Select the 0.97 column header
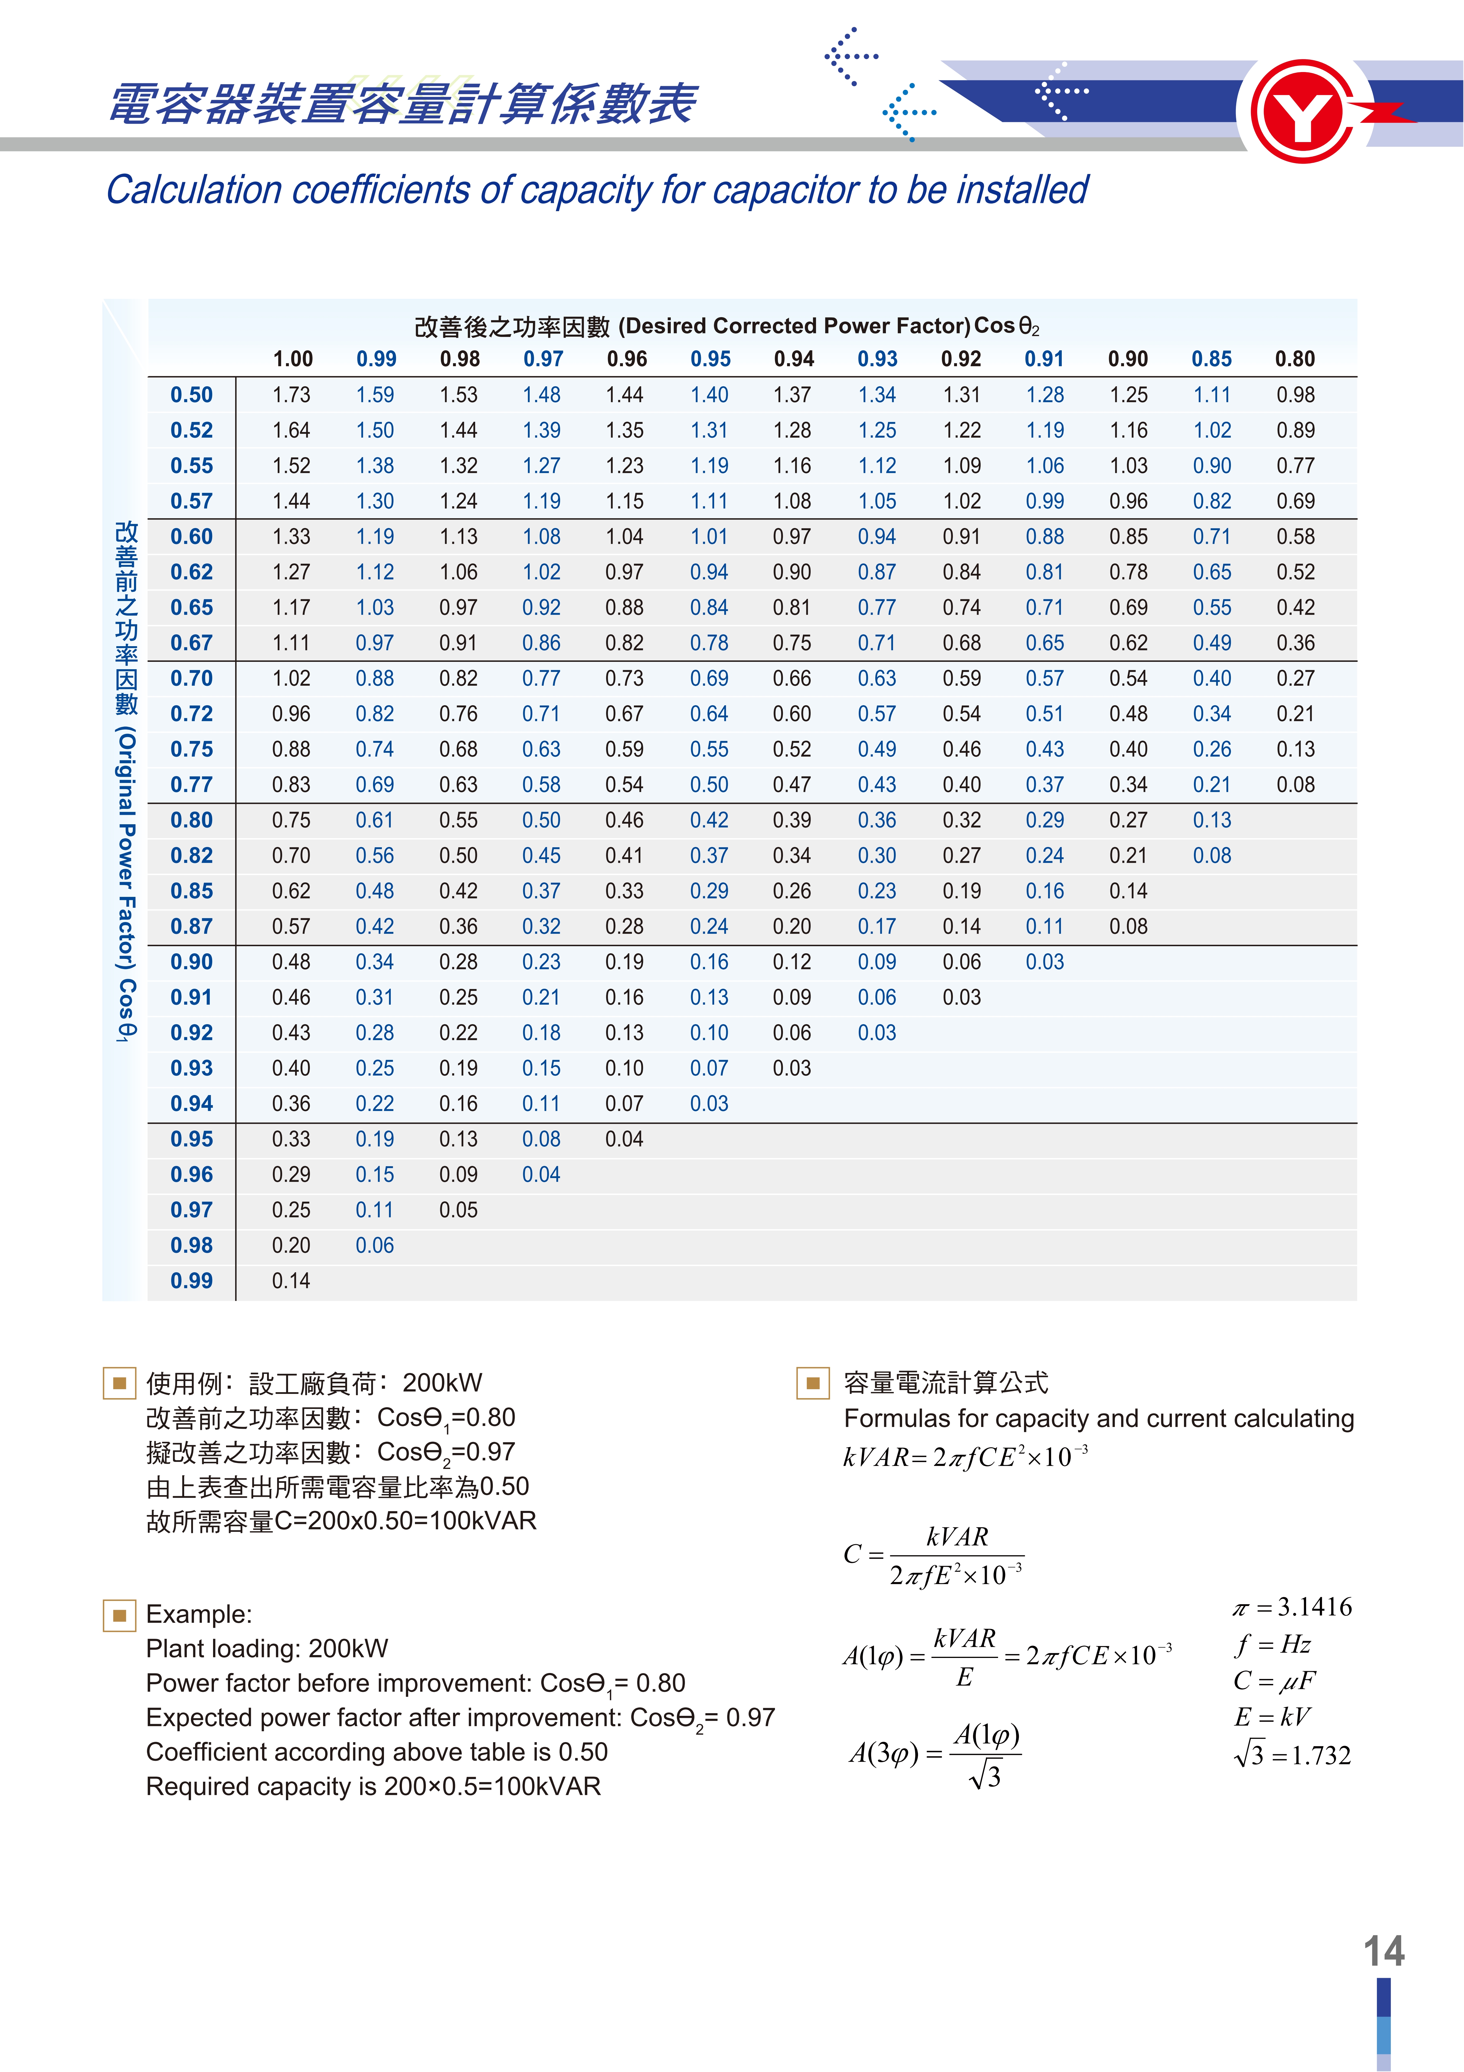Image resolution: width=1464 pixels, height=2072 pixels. (x=543, y=359)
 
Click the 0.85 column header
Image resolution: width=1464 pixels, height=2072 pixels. (x=1211, y=359)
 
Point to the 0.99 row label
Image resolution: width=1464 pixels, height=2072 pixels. (x=191, y=1281)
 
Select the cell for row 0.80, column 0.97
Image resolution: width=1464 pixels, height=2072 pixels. (x=541, y=820)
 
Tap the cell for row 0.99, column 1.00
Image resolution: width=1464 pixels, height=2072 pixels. (x=291, y=1281)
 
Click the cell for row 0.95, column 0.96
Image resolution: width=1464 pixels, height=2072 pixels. (x=624, y=1139)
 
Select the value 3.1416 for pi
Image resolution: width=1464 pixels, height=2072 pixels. (x=1314, y=1607)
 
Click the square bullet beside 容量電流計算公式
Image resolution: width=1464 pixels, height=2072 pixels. (x=812, y=1382)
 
